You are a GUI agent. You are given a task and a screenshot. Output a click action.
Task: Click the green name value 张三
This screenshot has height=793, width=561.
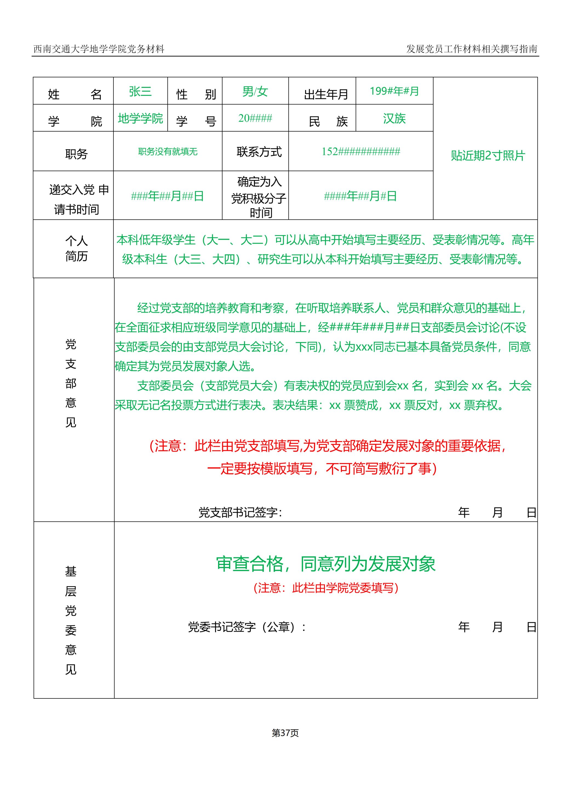140,92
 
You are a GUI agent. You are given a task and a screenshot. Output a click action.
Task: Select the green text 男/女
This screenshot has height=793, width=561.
255,92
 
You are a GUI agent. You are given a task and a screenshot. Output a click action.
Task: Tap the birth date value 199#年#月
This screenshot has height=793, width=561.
394,91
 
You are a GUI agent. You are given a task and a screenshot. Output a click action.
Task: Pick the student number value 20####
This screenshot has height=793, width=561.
255,118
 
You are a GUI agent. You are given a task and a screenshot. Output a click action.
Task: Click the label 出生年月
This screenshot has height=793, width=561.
326,94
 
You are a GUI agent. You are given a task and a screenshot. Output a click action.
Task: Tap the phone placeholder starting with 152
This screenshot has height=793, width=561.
361,151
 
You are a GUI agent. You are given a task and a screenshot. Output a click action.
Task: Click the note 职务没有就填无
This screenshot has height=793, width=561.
168,152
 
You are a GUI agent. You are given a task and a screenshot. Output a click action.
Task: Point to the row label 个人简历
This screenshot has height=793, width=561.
76,249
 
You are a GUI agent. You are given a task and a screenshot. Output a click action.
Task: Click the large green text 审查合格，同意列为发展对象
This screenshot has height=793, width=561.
325,564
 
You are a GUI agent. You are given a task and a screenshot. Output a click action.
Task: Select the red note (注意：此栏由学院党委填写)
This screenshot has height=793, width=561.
326,588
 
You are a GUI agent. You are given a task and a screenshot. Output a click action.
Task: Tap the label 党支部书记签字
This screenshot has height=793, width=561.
240,512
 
